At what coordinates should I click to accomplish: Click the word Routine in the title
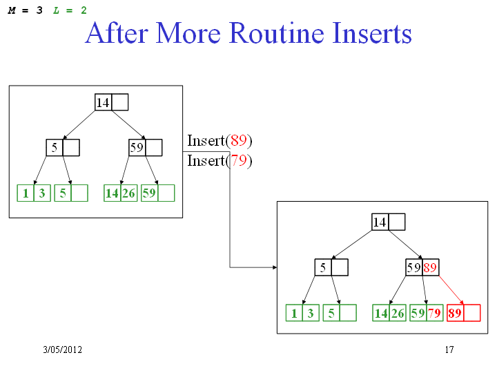pyautogui.click(x=276, y=33)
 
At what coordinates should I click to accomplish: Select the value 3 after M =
pyautogui.click(x=39, y=10)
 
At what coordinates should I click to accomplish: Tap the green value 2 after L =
pyautogui.click(x=84, y=10)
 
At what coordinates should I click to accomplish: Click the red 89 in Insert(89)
pyautogui.click(x=238, y=140)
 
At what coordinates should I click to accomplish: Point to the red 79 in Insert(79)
pyautogui.click(x=238, y=160)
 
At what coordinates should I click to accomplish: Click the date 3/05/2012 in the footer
pyautogui.click(x=62, y=350)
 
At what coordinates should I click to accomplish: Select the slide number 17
pyautogui.click(x=449, y=350)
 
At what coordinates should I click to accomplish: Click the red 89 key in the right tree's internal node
pyautogui.click(x=430, y=267)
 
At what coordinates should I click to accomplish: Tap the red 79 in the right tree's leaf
pyautogui.click(x=435, y=313)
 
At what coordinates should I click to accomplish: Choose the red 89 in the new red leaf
pyautogui.click(x=455, y=313)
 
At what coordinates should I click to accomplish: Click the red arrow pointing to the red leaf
pyautogui.click(x=451, y=290)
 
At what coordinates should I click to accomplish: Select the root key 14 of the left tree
pyautogui.click(x=103, y=102)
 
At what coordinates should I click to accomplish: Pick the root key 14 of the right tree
pyautogui.click(x=380, y=222)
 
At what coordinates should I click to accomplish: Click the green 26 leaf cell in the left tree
pyautogui.click(x=128, y=193)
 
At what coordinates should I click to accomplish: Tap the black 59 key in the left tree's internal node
pyautogui.click(x=137, y=148)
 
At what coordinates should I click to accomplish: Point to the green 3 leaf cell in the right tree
pyautogui.click(x=311, y=313)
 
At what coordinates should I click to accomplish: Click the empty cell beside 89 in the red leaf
pyautogui.click(x=472, y=313)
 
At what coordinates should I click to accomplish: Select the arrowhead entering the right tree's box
pyautogui.click(x=275, y=267)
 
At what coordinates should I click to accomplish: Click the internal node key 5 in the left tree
pyautogui.click(x=55, y=148)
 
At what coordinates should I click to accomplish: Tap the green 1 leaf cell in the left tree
pyautogui.click(x=26, y=193)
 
